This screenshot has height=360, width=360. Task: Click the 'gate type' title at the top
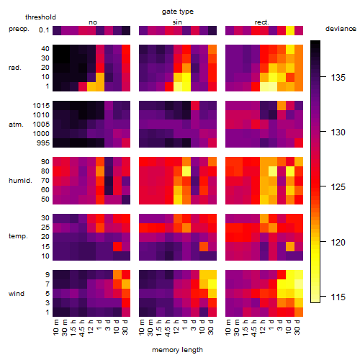[178, 12]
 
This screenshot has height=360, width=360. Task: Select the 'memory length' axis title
[177, 350]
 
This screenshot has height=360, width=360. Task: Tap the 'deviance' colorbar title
[341, 29]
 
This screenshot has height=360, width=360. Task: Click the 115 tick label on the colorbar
[338, 297]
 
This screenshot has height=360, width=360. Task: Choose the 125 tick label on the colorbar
[338, 186]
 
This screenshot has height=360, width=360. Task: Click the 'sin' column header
[177, 22]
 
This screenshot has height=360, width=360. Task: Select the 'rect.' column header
[261, 22]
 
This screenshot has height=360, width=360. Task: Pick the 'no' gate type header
[93, 22]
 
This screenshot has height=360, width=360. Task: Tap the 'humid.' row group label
[20, 181]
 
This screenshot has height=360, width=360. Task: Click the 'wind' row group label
[17, 294]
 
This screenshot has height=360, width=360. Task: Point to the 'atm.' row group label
[16, 125]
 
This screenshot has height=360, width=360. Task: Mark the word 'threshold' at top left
[40, 17]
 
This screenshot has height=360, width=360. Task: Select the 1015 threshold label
[41, 106]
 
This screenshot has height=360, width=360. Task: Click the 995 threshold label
[43, 143]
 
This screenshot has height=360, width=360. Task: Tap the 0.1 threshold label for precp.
[44, 30]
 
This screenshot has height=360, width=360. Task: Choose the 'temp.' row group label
[18, 236]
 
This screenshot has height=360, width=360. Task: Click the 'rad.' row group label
[15, 68]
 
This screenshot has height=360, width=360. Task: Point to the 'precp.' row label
[19, 29]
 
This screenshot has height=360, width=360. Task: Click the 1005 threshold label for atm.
[41, 125]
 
